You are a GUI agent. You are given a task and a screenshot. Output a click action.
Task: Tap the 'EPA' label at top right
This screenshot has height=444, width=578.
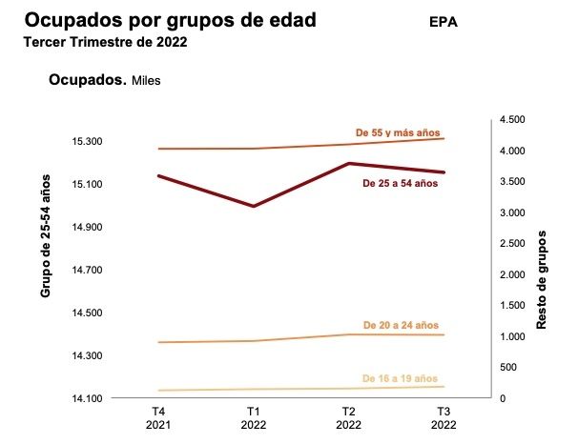pos(444,22)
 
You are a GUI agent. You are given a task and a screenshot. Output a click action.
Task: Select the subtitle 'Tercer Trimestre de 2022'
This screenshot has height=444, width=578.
pos(105,42)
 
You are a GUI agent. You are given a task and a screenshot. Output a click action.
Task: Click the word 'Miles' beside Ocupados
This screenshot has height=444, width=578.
pos(146,81)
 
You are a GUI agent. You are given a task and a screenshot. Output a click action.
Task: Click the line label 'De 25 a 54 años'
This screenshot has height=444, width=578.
pos(402,183)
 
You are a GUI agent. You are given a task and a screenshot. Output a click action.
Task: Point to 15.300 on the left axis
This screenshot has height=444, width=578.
pos(87,142)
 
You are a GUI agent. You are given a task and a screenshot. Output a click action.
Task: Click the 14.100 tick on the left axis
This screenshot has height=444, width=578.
pos(87,398)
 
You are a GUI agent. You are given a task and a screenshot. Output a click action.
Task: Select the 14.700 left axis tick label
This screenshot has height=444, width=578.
pos(87,271)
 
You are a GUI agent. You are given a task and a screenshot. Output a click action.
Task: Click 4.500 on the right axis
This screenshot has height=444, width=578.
pos(512,120)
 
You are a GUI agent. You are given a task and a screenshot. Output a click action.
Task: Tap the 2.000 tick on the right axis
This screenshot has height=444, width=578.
pos(512,274)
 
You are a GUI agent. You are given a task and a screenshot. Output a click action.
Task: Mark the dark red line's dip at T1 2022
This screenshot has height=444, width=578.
pos(253,206)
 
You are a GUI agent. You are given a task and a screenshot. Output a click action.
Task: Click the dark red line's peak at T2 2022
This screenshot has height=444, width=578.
pos(348,164)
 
